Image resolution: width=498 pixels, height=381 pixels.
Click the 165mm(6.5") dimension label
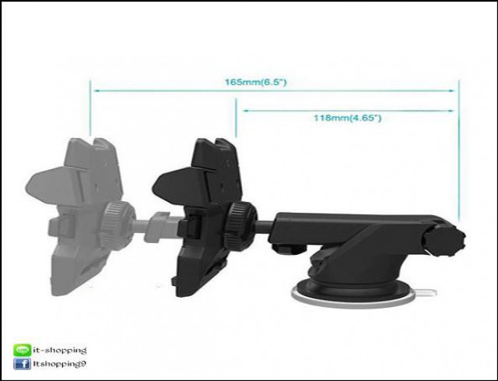tap(256, 82)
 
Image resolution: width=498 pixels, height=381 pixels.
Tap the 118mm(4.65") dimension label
tap(348, 118)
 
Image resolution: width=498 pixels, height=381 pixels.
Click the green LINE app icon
tap(23, 350)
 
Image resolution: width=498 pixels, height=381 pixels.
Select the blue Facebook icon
tap(23, 364)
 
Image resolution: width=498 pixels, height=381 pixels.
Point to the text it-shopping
tap(60, 351)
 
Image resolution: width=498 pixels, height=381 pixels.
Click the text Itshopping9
tap(59, 364)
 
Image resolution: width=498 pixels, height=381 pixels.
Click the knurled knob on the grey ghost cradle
tap(117, 225)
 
